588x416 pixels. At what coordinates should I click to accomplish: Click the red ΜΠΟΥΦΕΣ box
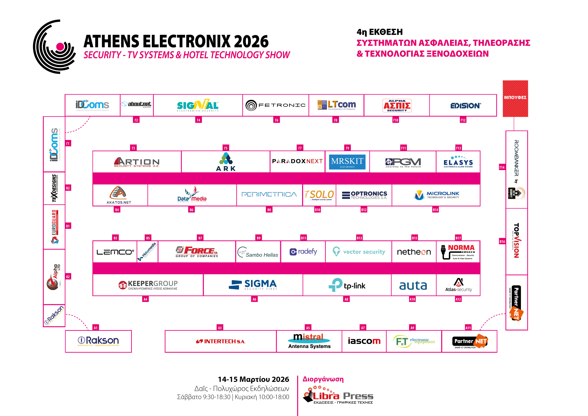click(515, 98)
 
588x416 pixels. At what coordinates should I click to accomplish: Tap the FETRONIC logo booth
click(275, 105)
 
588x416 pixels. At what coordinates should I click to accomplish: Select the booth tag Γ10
click(396, 120)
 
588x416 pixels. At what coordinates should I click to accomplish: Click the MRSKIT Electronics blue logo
click(347, 162)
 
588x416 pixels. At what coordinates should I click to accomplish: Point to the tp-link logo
click(347, 285)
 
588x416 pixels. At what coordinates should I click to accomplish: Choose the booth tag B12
click(364, 210)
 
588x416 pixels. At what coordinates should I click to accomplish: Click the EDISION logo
click(465, 105)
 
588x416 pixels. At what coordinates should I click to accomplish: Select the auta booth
click(413, 285)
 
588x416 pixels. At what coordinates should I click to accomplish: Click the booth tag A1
click(96, 328)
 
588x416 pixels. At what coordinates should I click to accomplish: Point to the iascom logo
click(364, 341)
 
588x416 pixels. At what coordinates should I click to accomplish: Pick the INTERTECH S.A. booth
click(220, 341)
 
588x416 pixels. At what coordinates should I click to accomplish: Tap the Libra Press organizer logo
click(338, 396)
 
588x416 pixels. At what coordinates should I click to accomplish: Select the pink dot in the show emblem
click(60, 47)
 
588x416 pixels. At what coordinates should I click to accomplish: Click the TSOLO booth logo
click(319, 195)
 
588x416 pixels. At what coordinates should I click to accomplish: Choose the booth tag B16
click(502, 242)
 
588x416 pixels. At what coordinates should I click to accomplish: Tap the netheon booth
click(414, 252)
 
